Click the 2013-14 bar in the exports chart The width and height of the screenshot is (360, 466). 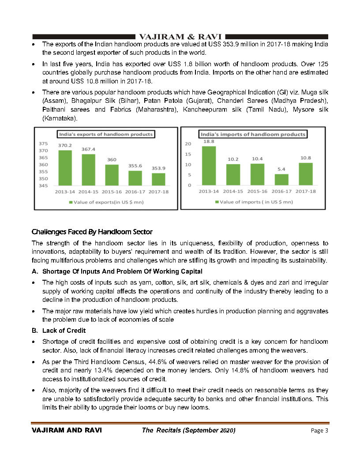tap(65, 168)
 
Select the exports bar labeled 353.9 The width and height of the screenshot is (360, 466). tap(158, 179)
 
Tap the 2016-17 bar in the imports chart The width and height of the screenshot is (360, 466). tap(281, 180)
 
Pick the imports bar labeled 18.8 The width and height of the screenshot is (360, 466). tap(209, 166)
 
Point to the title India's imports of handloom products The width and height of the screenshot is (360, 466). tap(253, 134)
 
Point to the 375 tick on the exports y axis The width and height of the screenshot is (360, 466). tap(43, 144)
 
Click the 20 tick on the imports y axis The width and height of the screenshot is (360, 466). tap(188, 144)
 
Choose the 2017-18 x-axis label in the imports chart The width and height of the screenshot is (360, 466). tap(305, 192)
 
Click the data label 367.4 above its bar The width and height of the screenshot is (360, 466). tap(88, 149)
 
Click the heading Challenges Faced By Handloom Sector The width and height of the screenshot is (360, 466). tap(92, 232)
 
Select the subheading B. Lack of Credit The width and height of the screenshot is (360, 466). tap(64, 331)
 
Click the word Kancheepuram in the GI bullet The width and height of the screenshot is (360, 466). tap(202, 109)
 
